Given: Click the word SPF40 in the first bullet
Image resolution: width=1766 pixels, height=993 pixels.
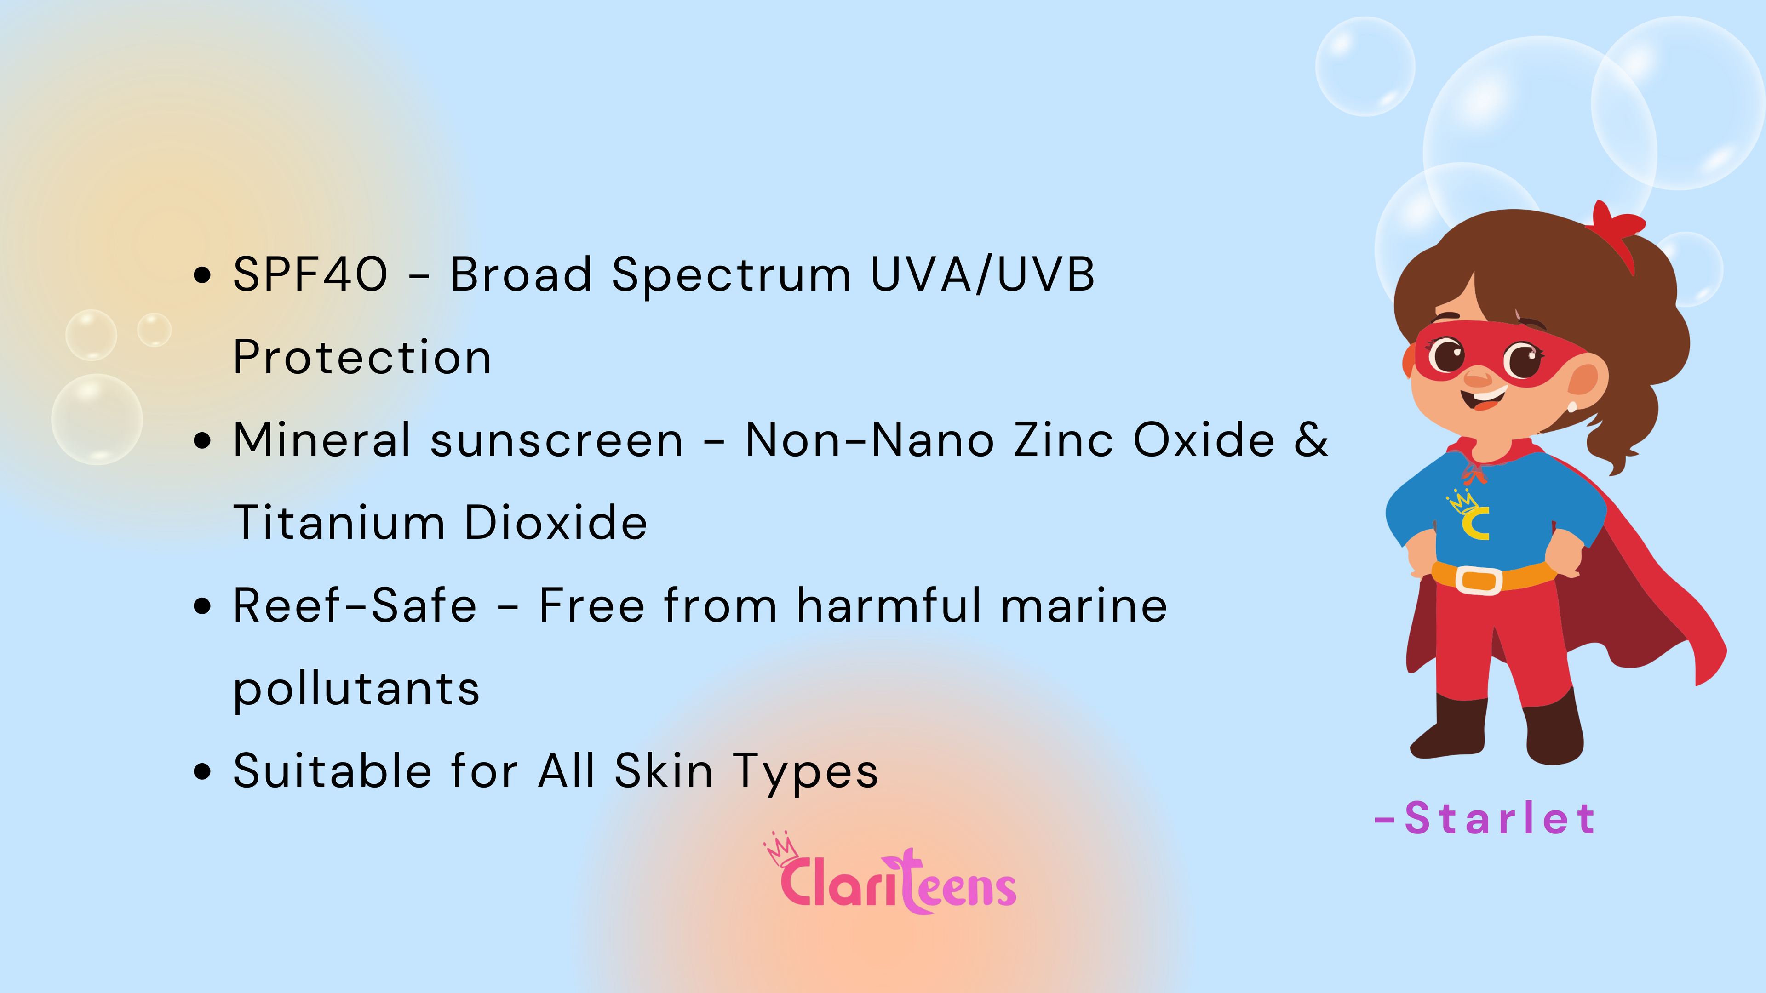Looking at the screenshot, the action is point(310,274).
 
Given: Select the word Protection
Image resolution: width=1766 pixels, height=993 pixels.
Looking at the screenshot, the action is point(362,357).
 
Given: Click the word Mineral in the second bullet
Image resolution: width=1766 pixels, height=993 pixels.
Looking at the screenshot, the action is point(321,439).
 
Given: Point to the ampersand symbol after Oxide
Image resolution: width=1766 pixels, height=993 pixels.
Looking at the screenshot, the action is point(1311,439).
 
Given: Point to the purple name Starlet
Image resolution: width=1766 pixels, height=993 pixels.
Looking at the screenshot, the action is point(1485,818).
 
